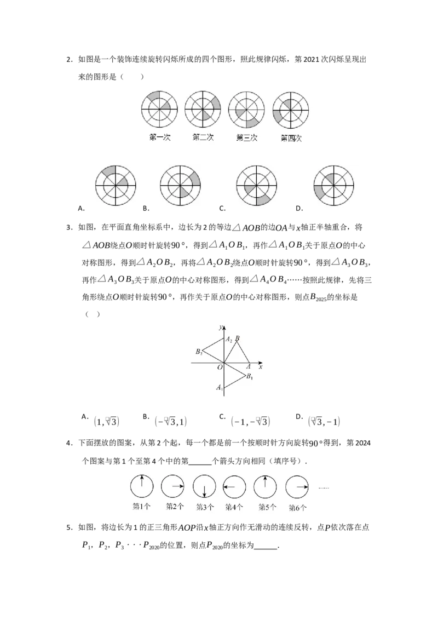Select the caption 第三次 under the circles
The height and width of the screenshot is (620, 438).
coord(247,137)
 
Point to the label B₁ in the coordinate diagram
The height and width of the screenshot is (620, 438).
coord(249,376)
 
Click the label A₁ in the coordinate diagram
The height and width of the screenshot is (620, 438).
coord(220,388)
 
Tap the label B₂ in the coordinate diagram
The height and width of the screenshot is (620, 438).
coord(199,352)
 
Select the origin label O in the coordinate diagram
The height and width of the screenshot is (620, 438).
coord(220,368)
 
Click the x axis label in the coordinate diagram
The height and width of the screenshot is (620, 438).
coord(261,367)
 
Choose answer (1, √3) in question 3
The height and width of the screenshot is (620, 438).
coord(107,422)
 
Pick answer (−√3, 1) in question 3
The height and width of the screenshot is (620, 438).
coord(171,422)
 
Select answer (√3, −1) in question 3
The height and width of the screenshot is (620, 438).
coord(324,422)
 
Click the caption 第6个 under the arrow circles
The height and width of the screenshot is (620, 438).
coord(297,507)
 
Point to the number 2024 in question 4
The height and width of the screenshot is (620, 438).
coord(363,443)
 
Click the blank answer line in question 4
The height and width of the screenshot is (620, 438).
coord(200,465)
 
